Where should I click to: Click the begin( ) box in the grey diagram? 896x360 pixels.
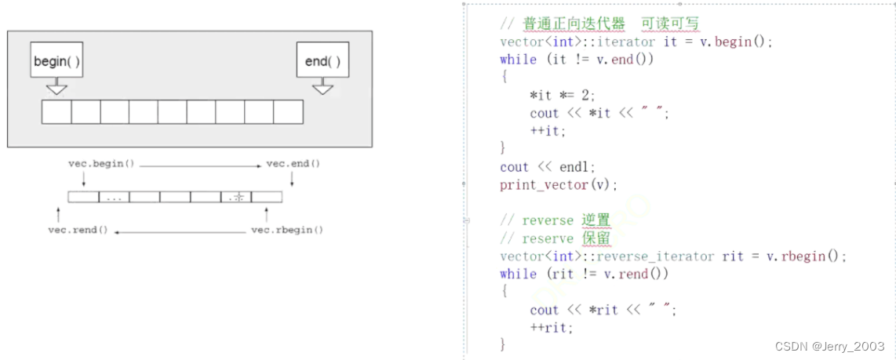point(56,60)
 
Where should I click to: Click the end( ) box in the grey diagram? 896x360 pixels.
point(322,60)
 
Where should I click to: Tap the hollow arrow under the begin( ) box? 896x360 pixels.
point(56,88)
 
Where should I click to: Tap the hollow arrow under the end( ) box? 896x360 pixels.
point(322,88)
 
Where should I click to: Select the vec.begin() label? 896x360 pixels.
point(102,164)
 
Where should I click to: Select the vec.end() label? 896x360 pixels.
point(293,164)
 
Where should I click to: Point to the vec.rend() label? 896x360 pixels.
point(78,231)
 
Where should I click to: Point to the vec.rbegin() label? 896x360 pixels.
point(287,231)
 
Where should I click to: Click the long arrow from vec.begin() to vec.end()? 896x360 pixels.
point(201,165)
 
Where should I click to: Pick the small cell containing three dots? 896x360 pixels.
point(114,198)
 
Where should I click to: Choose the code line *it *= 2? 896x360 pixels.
point(563,95)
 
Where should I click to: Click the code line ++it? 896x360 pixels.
point(548,131)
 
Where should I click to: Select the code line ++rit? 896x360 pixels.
point(552,328)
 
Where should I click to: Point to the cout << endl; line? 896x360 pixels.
point(548,167)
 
